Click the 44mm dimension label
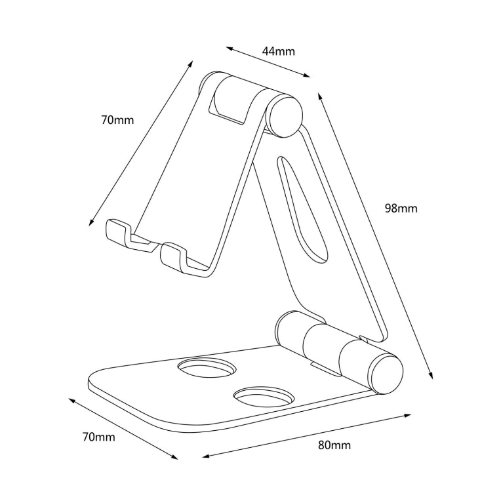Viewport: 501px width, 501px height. tap(278, 50)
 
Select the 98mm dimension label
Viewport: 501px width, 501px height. tap(401, 209)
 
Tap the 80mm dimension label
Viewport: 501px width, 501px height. tap(334, 445)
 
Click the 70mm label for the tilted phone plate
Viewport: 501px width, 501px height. tap(117, 120)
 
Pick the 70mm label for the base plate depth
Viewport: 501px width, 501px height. tap(99, 436)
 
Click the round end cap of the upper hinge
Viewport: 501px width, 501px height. tap(285, 115)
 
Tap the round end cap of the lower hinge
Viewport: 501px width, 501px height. tap(385, 373)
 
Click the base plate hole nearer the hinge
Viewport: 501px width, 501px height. tap(207, 369)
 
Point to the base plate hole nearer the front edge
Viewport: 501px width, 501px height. tap(264, 397)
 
